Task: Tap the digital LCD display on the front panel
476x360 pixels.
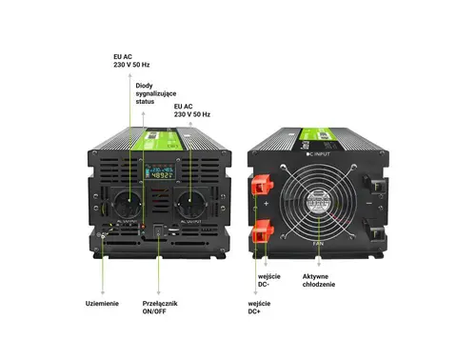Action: (x=159, y=174)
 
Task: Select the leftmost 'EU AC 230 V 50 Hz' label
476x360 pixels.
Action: (x=131, y=61)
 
